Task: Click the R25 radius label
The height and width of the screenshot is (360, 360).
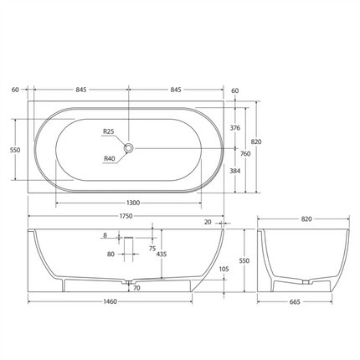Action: coord(109,132)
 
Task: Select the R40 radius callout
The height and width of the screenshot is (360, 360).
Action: coord(109,158)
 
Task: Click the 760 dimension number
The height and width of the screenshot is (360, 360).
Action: coord(246,153)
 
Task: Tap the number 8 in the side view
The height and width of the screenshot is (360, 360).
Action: coord(105,236)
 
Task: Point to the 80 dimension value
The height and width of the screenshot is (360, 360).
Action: coord(111,254)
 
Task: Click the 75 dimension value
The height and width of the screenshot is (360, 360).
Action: coord(152,248)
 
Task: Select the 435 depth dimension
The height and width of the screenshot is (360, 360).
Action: coord(160,254)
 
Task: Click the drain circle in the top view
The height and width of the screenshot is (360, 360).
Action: coord(129,148)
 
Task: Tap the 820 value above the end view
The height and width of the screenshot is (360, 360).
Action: coord(306,219)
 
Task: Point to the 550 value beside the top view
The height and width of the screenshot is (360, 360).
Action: coord(14,150)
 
